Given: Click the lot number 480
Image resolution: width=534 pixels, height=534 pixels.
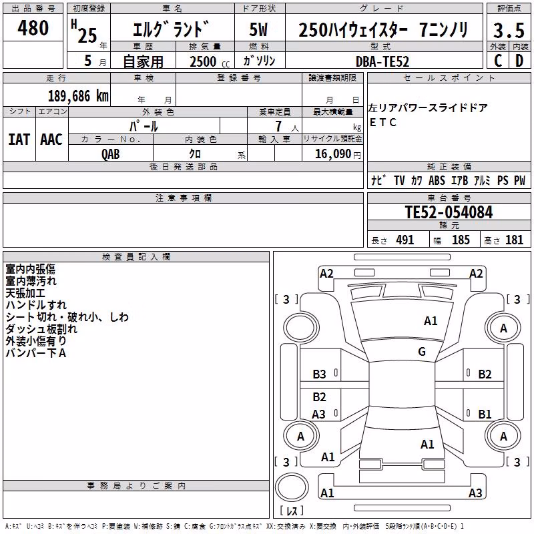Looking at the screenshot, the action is pyautogui.click(x=33, y=28).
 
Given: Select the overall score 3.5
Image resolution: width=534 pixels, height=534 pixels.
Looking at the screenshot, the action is pyautogui.click(x=509, y=30).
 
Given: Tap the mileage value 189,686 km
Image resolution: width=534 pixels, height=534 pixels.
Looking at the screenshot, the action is pyautogui.click(x=78, y=96).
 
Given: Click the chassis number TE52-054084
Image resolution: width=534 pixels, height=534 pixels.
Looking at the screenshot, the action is pyautogui.click(x=449, y=212).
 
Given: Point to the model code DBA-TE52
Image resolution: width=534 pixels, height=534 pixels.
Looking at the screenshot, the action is pyautogui.click(x=382, y=61).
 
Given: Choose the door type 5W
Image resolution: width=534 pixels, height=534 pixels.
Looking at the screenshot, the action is pyautogui.click(x=258, y=29).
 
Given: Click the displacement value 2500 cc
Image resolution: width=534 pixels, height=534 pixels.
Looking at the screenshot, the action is pyautogui.click(x=210, y=61).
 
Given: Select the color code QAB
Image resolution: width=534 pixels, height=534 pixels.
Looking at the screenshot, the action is pyautogui.click(x=111, y=154).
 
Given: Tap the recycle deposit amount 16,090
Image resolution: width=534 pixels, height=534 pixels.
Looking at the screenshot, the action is pyautogui.click(x=332, y=154).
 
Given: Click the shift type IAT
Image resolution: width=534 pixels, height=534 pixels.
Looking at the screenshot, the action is pyautogui.click(x=19, y=140).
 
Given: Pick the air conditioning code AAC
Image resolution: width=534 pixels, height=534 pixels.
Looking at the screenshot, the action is pyautogui.click(x=51, y=140).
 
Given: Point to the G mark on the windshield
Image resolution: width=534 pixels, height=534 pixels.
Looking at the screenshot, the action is pyautogui.click(x=422, y=351).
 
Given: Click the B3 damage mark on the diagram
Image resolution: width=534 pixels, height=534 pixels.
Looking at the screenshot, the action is pyautogui.click(x=319, y=374).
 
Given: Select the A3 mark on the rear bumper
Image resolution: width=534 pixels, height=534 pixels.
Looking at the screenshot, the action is pyautogui.click(x=475, y=493).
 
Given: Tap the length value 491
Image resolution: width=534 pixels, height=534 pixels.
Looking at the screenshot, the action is pyautogui.click(x=405, y=240).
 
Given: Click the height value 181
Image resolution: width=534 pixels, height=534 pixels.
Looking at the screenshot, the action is pyautogui.click(x=514, y=240).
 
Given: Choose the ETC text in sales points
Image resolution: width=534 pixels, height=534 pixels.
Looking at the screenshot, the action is pyautogui.click(x=382, y=122).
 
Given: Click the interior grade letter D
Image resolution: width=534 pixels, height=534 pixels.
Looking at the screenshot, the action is pyautogui.click(x=519, y=61).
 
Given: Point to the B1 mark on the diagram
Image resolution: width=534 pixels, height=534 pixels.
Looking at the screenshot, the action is pyautogui.click(x=485, y=414).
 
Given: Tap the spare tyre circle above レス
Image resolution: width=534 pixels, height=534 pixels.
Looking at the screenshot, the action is pyautogui.click(x=292, y=487).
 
